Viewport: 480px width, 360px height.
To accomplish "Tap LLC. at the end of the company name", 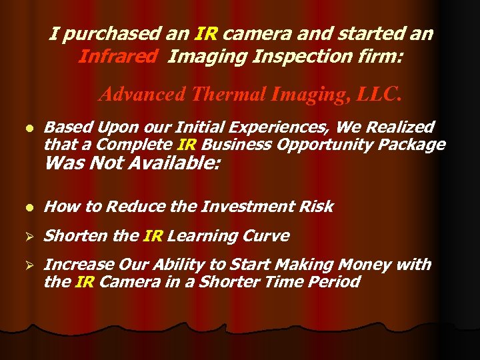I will pos(380,94).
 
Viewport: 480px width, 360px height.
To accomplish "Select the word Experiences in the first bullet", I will pos(289,127).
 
